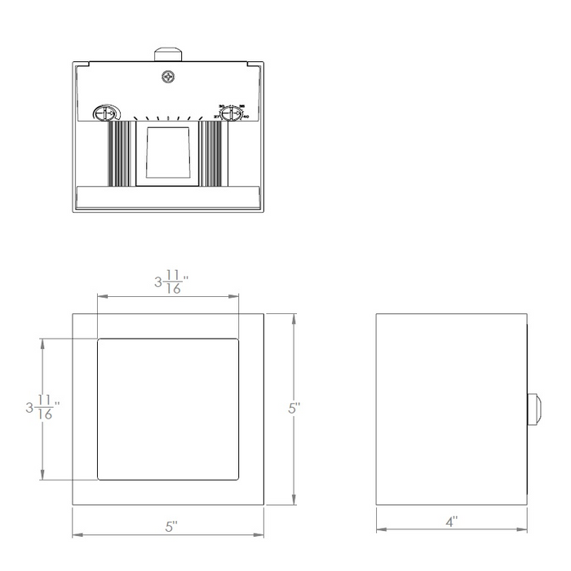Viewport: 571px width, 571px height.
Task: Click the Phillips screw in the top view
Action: (x=169, y=77)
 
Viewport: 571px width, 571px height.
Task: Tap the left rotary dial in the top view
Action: (x=104, y=115)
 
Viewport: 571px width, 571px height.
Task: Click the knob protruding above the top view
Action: (x=169, y=53)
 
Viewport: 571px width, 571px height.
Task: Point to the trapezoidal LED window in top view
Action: (x=168, y=153)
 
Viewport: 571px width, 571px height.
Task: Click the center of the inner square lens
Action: (x=168, y=408)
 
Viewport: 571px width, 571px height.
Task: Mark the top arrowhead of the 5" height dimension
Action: (x=293, y=316)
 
